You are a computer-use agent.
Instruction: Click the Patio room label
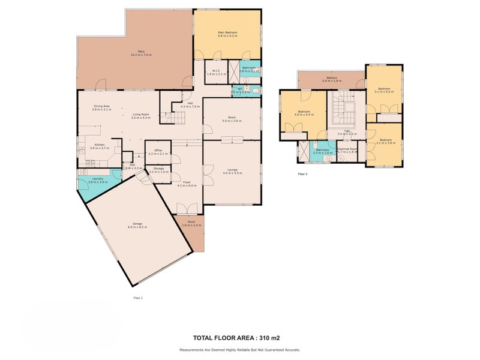pos(141,52)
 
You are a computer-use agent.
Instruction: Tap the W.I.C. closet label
pos(216,71)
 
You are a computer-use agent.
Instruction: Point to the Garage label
pos(137,226)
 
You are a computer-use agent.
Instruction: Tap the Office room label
pos(158,150)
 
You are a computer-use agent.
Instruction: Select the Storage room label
pos(158,169)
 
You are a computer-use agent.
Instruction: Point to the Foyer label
pos(187,182)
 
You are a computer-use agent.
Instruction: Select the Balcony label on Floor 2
pos(331,77)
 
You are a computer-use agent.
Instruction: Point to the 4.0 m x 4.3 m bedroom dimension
pos(305,114)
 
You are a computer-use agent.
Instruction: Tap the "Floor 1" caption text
pos(138,298)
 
